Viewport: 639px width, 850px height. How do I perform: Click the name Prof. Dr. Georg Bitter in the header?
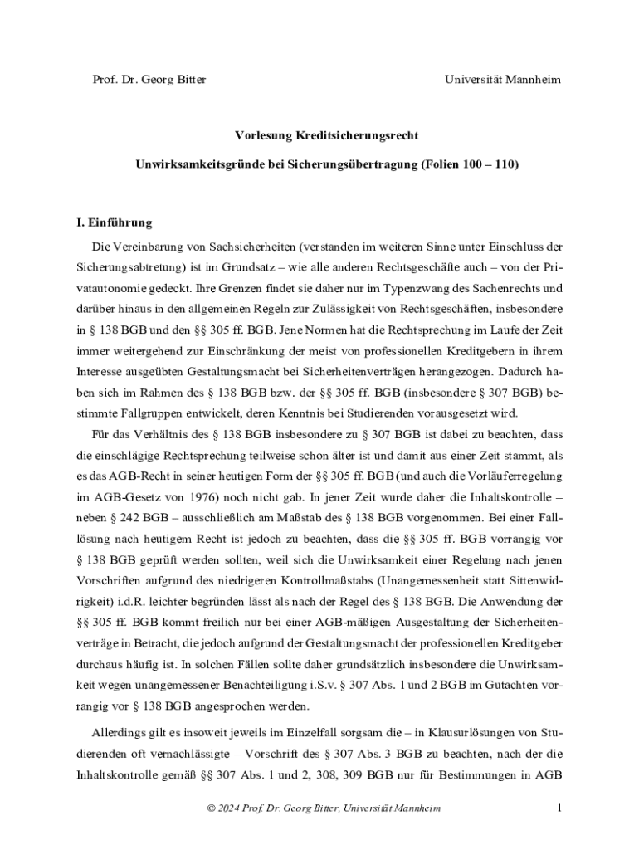pyautogui.click(x=149, y=80)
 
